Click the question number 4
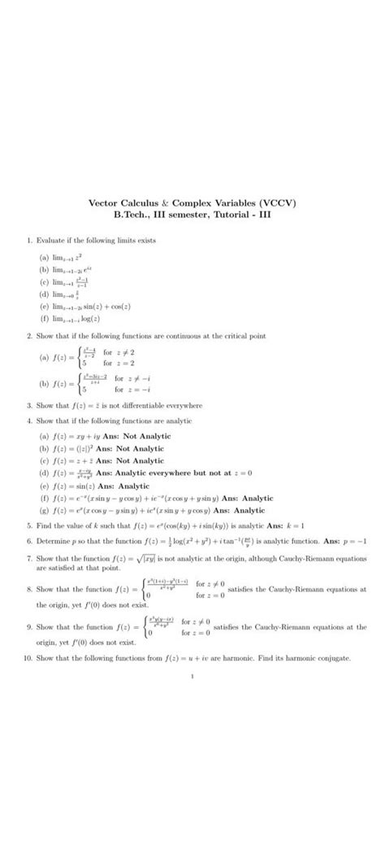(28, 420)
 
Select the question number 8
(28, 586)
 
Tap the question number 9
(28, 627)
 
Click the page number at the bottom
(192, 675)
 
